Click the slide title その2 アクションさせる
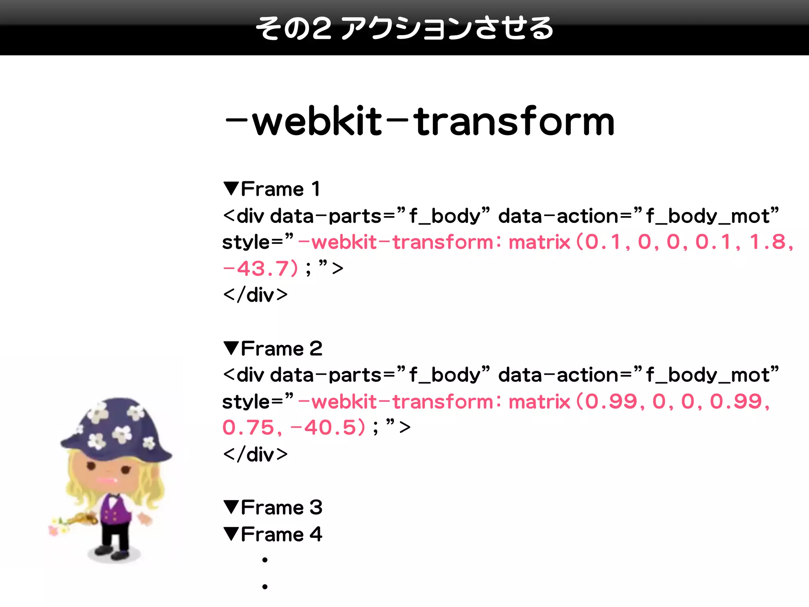tap(404, 28)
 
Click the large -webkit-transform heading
tap(420, 121)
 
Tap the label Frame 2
tap(281, 349)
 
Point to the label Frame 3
tap(281, 507)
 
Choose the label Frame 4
tap(281, 534)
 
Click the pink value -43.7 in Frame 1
tap(261, 269)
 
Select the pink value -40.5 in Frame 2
tap(327, 428)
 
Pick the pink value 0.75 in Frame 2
tap(248, 428)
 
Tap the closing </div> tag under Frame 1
tap(255, 295)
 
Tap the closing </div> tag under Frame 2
tap(255, 454)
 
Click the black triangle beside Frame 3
tap(231, 507)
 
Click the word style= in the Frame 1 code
tap(253, 242)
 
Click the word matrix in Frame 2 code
tap(539, 402)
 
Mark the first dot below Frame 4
tap(265, 560)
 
